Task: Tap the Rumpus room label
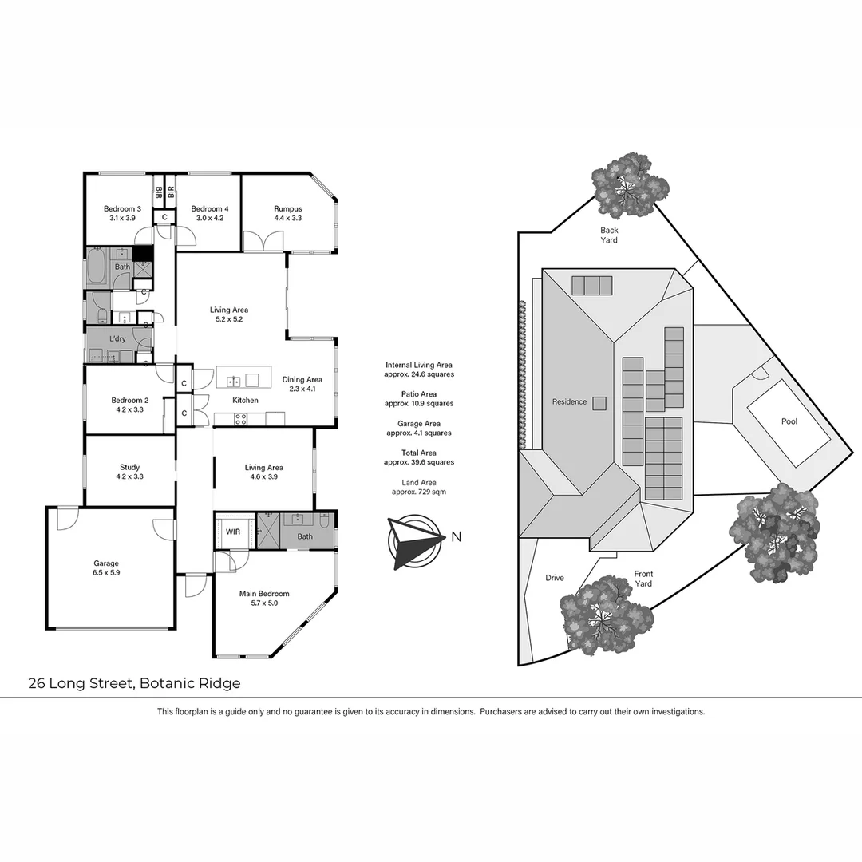click(288, 209)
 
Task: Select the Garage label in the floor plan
click(106, 563)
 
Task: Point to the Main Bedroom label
click(264, 594)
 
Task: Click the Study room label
click(130, 468)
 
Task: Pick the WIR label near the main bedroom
click(233, 531)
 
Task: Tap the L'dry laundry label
click(117, 339)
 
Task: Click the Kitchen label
click(245, 400)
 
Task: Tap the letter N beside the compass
click(456, 537)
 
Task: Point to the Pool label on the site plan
click(789, 421)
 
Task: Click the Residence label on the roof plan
click(569, 402)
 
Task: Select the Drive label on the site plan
click(555, 578)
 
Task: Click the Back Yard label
click(609, 235)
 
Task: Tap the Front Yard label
click(643, 579)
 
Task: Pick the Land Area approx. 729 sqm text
click(419, 487)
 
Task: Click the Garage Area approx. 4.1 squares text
click(419, 428)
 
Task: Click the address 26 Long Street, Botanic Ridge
click(134, 683)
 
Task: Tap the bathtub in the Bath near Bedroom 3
click(97, 267)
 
